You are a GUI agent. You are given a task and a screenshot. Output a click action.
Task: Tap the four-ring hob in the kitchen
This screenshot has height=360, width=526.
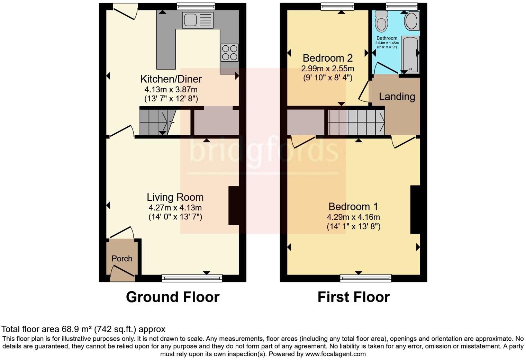(229, 53)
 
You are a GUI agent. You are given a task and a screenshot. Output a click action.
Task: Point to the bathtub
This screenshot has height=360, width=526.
(410, 54)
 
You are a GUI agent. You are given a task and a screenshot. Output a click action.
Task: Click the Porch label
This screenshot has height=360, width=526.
(122, 259)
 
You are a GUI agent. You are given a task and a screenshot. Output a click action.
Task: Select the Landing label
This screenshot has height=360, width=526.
(397, 97)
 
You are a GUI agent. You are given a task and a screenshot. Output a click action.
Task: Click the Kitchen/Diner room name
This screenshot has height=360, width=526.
(171, 79)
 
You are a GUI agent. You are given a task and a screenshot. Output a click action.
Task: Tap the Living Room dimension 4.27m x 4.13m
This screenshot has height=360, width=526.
(175, 208)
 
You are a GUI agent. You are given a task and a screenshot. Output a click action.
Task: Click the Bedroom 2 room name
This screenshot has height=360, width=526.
(328, 58)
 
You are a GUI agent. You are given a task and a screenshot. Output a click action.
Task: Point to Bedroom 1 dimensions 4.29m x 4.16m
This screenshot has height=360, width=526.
(353, 217)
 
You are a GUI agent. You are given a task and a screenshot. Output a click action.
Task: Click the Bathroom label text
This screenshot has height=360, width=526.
(387, 38)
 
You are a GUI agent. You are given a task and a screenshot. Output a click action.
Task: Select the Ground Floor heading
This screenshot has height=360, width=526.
(172, 297)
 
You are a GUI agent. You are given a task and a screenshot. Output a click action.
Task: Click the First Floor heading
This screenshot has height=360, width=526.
(353, 297)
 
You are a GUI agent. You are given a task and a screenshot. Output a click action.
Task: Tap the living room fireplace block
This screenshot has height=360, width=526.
(234, 206)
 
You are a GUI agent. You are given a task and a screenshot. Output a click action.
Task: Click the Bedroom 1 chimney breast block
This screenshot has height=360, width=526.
(415, 209)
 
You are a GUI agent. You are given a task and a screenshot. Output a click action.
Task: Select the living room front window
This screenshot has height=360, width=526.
(192, 277)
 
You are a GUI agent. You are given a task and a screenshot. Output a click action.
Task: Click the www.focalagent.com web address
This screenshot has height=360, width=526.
(335, 354)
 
